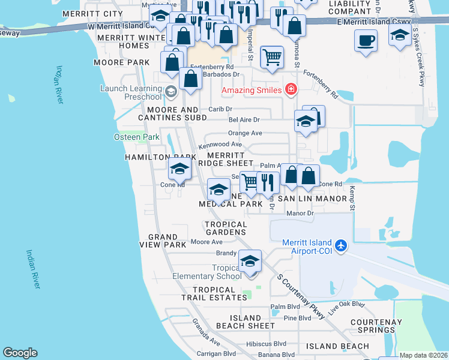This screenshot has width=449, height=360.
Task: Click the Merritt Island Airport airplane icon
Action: click(x=342, y=245)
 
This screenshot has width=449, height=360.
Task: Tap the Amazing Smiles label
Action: click(x=252, y=91)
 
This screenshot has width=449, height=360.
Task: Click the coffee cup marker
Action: click(x=366, y=41)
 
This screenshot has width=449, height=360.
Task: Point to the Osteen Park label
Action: click(x=136, y=137)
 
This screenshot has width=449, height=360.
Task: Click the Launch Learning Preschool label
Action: click(x=131, y=92)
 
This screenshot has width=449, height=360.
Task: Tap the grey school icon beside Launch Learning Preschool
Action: click(x=170, y=92)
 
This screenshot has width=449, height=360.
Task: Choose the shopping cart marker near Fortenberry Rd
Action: click(x=272, y=57)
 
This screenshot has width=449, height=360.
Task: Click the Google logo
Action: click(x=20, y=353)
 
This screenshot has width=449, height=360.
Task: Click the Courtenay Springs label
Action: click(x=376, y=326)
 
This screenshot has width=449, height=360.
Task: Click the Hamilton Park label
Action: click(x=152, y=157)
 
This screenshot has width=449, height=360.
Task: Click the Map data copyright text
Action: click(x=423, y=355)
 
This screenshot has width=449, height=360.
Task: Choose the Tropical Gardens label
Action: click(x=226, y=228)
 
